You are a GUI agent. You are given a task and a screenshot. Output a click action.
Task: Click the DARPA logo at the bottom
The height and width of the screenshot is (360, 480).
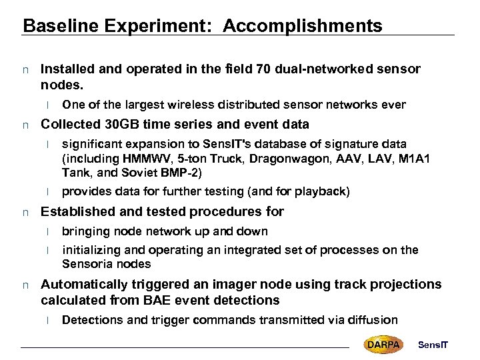click(383, 344)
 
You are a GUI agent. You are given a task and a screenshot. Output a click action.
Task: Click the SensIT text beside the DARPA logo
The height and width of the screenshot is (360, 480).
click(433, 344)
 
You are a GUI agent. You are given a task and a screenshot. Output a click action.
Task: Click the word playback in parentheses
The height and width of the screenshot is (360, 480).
click(321, 191)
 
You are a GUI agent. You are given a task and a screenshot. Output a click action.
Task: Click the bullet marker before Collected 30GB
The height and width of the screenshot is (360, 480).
click(25, 125)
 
